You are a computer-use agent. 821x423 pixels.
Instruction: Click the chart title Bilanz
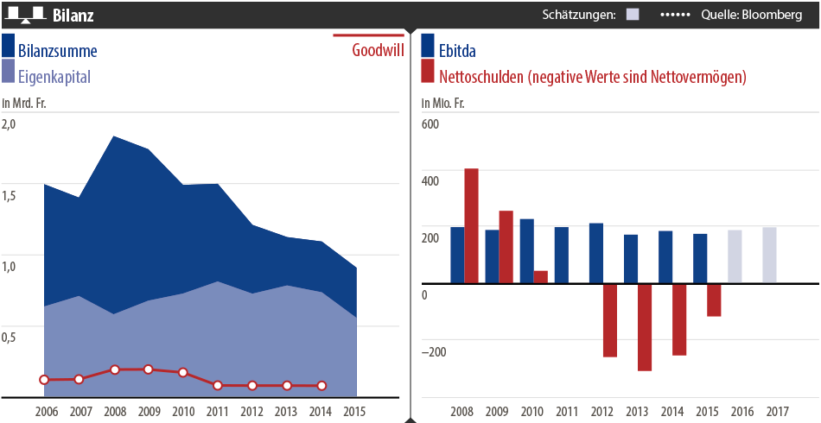73,15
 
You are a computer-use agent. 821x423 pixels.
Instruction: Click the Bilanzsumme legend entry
57,50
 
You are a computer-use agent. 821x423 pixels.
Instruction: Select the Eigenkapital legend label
54,76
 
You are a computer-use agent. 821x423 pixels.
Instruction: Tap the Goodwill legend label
378,50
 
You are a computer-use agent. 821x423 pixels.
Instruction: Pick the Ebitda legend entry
457,50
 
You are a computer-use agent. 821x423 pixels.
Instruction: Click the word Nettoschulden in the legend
481,76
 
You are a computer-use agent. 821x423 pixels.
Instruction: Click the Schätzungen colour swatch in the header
633,15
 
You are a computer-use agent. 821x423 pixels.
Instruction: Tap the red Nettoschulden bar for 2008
471,225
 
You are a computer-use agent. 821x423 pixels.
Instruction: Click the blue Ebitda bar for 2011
561,255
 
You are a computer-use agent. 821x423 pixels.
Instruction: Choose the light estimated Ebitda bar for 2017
769,255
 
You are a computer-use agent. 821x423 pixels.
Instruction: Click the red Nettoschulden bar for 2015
714,300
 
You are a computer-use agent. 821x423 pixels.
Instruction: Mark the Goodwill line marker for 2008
114,369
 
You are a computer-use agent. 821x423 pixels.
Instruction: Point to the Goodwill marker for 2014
321,385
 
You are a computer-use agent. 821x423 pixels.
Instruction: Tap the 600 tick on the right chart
430,123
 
